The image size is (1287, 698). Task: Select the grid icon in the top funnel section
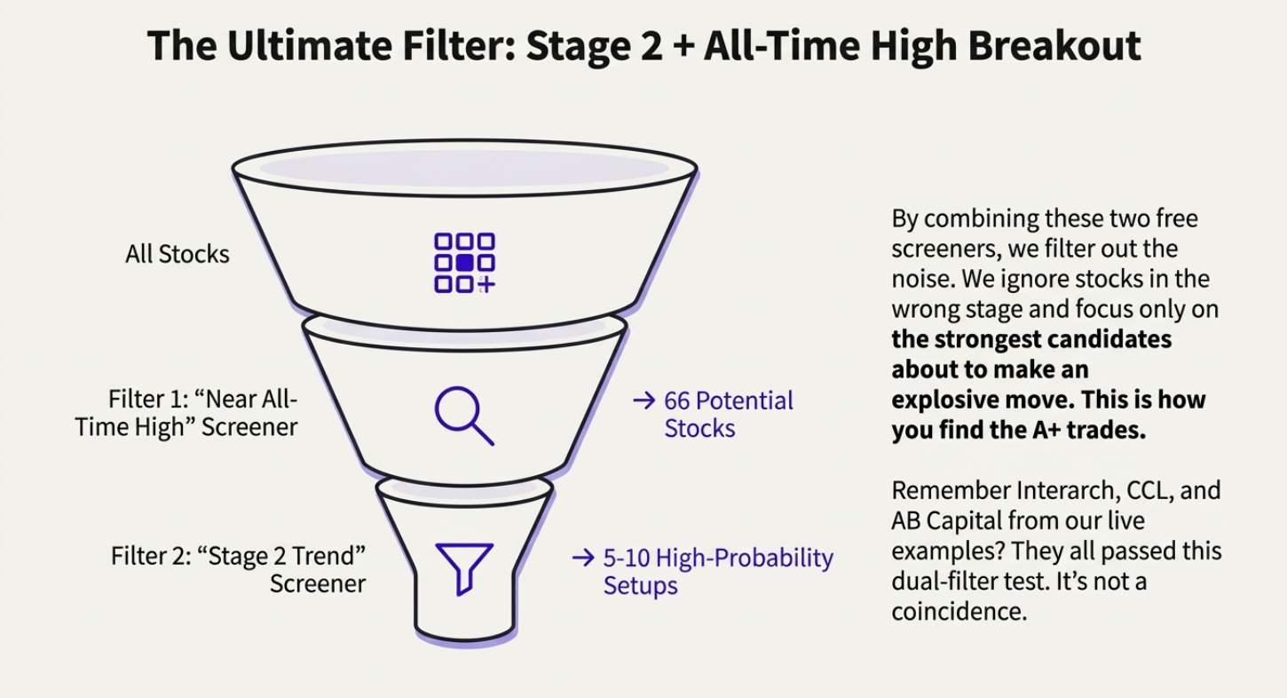(464, 263)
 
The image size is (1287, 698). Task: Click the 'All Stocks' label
(177, 254)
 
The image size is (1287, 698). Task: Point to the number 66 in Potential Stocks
(678, 401)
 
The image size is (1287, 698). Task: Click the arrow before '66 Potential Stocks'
(643, 401)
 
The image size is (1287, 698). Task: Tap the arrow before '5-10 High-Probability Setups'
(582, 558)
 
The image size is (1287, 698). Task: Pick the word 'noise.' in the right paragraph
(920, 279)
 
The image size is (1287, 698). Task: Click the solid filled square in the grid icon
(464, 263)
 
